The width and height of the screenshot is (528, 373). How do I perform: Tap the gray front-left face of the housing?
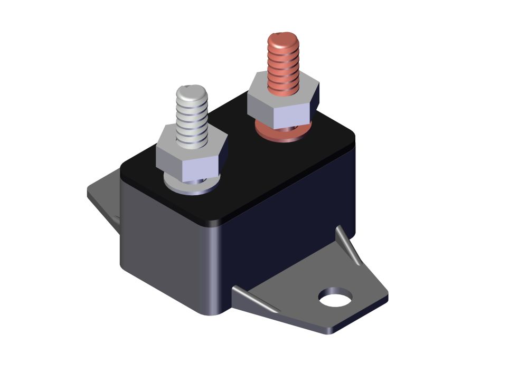[164, 237]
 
